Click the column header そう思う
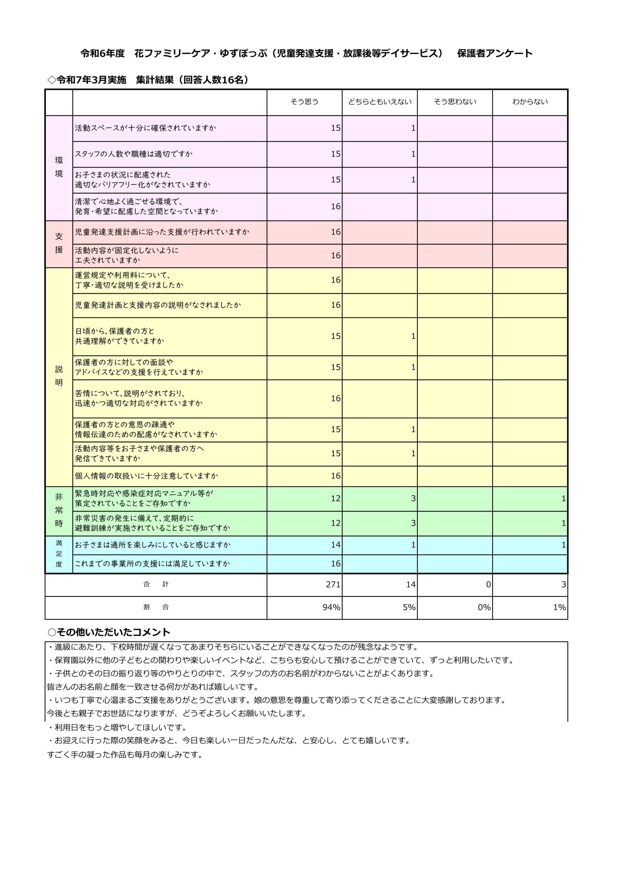(305, 102)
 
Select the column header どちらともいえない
(380, 102)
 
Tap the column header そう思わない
(455, 102)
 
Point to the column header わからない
(530, 102)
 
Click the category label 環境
(59, 167)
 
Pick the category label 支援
(59, 243)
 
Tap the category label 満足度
(59, 554)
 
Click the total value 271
(333, 585)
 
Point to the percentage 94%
(331, 607)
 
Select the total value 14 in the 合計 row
(410, 585)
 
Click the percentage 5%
(409, 607)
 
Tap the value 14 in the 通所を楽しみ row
(336, 545)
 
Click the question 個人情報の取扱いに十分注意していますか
(146, 476)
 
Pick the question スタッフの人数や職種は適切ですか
(134, 154)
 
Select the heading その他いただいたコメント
(113, 632)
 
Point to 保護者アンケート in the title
(494, 53)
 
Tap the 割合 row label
(156, 607)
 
